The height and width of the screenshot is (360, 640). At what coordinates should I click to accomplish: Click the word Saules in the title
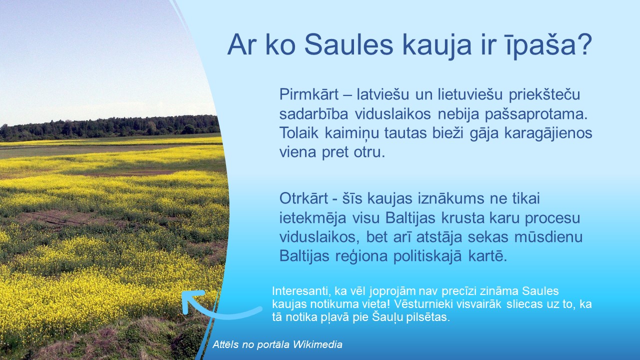pyautogui.click(x=349, y=45)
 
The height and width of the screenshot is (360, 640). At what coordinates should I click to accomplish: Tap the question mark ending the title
pyautogui.click(x=584, y=44)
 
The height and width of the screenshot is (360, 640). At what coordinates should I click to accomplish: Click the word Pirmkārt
pyautogui.click(x=309, y=94)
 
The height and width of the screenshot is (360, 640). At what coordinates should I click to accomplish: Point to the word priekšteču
pyautogui.click(x=544, y=95)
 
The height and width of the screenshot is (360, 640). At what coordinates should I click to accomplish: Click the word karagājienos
pyautogui.click(x=548, y=133)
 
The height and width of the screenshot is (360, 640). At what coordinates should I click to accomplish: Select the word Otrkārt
pyautogui.click(x=303, y=198)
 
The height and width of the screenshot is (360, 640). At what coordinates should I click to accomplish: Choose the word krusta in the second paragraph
pyautogui.click(x=459, y=218)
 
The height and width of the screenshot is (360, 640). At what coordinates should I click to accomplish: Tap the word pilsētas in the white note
pyautogui.click(x=430, y=317)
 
